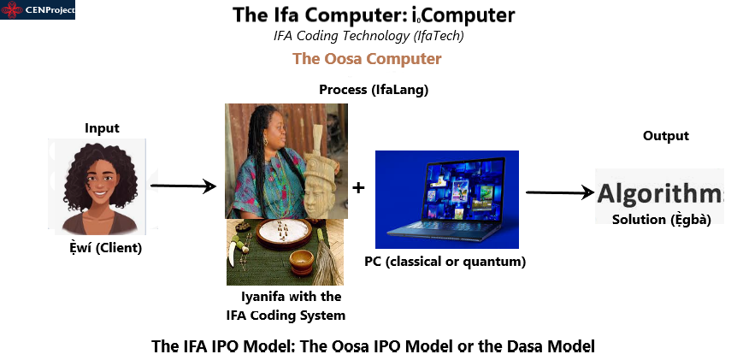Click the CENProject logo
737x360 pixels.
pos(38,10)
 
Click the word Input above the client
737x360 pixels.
pos(102,127)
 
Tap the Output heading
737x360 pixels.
pos(665,136)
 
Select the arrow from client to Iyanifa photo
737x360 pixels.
pos(183,186)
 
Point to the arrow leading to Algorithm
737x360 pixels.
pos(560,192)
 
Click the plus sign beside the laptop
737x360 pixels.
pos(358,188)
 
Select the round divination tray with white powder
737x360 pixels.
pos(283,233)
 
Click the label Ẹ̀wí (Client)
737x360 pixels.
pos(105,248)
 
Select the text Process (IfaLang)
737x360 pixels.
pos(374,90)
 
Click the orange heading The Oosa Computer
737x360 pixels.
pos(367,59)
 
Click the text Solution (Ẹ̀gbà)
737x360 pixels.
pos(661,220)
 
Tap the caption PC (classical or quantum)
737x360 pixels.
pos(445,262)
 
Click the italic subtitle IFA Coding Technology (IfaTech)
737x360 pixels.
pos(368,36)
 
